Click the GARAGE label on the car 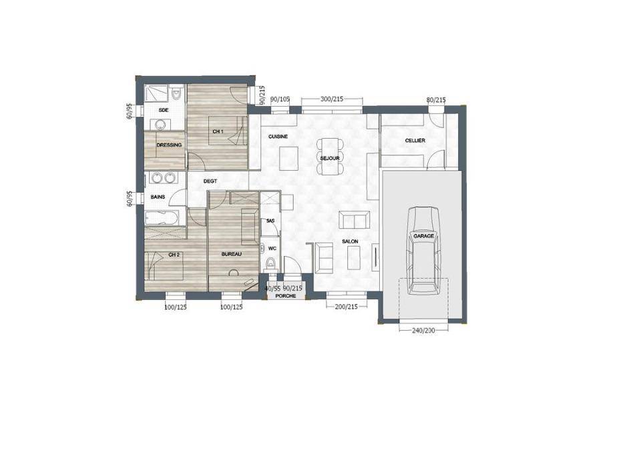pyautogui.click(x=423, y=236)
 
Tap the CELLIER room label pyautogui.click(x=415, y=141)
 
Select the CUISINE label pyautogui.click(x=278, y=137)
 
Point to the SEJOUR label pyautogui.click(x=330, y=159)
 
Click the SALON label pyautogui.click(x=351, y=242)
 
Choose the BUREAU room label pyautogui.click(x=232, y=255)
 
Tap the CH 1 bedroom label pyautogui.click(x=218, y=131)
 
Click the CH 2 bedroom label pyautogui.click(x=174, y=255)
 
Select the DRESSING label pyautogui.click(x=169, y=145)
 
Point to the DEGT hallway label pyautogui.click(x=210, y=181)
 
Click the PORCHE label pyautogui.click(x=286, y=295)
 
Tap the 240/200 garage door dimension pyautogui.click(x=423, y=330)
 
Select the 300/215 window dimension pyautogui.click(x=332, y=99)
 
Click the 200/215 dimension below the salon pyautogui.click(x=347, y=306)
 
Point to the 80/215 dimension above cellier pyautogui.click(x=436, y=99)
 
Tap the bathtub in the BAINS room pyautogui.click(x=162, y=217)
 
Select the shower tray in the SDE pyautogui.click(x=156, y=93)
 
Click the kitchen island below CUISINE pyautogui.click(x=289, y=159)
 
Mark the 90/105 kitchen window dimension pyautogui.click(x=280, y=99)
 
